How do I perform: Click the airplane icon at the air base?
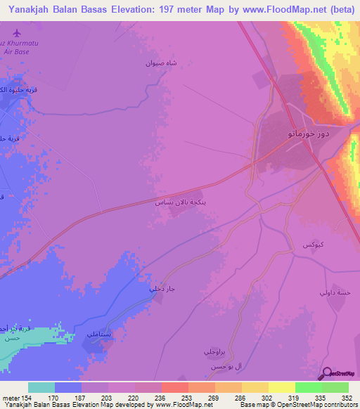16,33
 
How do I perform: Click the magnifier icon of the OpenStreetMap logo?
326,374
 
